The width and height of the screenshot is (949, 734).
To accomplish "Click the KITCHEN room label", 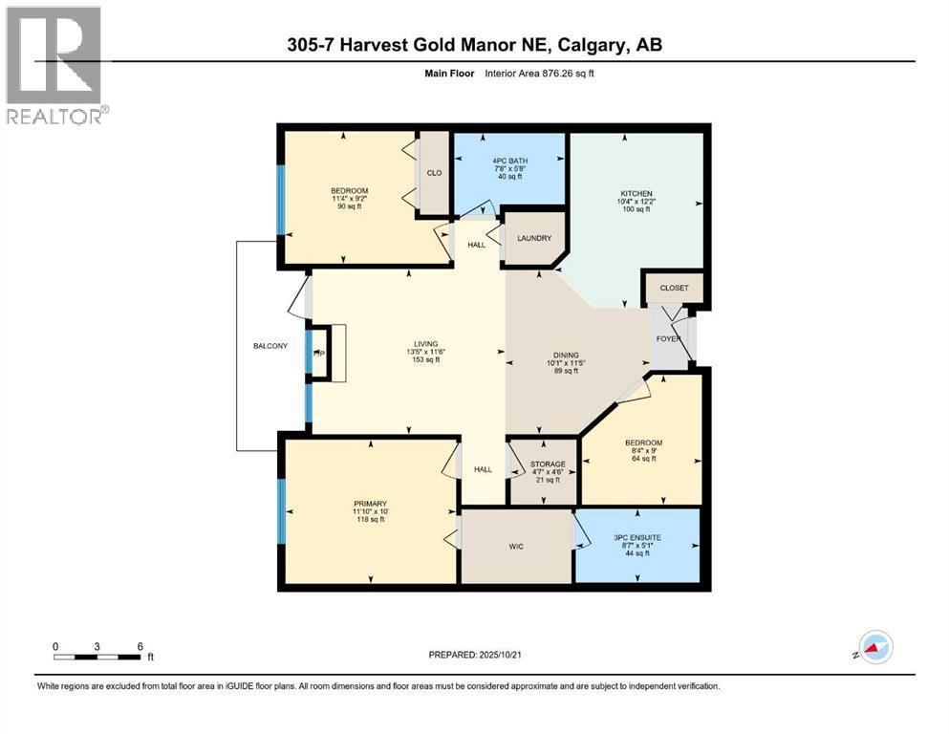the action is click(x=636, y=194).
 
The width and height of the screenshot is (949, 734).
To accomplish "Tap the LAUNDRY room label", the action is click(x=534, y=238).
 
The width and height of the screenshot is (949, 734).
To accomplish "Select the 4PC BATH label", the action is click(x=509, y=161).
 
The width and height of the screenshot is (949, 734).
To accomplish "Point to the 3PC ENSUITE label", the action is click(x=637, y=537).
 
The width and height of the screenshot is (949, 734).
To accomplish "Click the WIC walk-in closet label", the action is click(x=516, y=547).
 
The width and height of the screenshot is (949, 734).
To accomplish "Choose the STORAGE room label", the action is click(x=548, y=464).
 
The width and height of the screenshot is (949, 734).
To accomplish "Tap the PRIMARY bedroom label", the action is click(x=371, y=504).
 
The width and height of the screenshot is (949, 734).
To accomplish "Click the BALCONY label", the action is click(x=270, y=346).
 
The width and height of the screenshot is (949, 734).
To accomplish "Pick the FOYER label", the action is click(x=668, y=339).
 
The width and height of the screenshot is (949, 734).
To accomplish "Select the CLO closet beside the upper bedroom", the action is click(x=435, y=173).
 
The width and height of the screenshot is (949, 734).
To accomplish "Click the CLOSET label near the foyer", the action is click(x=674, y=288).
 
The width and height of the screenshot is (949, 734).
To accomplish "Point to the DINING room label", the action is click(x=566, y=356).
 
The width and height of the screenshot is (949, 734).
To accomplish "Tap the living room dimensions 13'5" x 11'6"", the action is click(x=426, y=352).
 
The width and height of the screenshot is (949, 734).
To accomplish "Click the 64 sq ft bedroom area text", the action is click(x=644, y=459).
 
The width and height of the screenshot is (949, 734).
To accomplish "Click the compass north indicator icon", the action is click(x=875, y=647).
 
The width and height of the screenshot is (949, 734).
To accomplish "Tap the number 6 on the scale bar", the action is click(x=140, y=646).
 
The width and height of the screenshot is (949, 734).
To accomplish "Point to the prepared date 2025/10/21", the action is click(x=500, y=655).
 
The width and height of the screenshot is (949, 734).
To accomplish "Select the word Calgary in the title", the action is click(x=592, y=45).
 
